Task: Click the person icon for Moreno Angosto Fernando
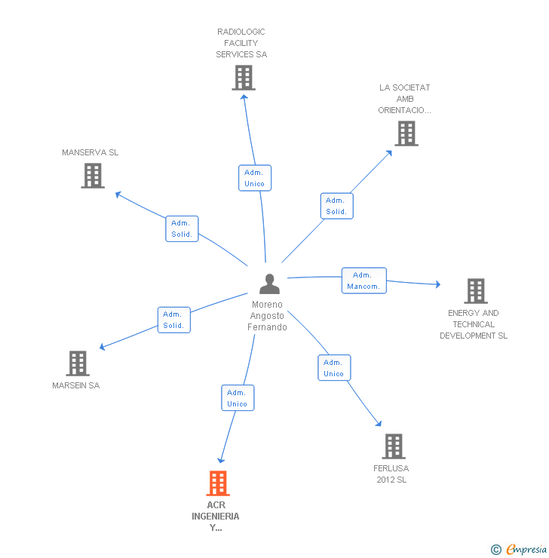click(269, 284)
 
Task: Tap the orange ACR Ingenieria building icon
click(217, 483)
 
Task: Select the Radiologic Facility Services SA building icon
click(243, 78)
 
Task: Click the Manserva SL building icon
click(93, 176)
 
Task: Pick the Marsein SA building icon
click(78, 363)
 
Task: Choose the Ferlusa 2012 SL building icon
click(393, 446)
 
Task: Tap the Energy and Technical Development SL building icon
click(475, 290)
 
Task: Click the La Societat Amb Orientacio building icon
click(406, 133)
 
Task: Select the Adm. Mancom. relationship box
click(363, 281)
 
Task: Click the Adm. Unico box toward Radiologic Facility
click(254, 178)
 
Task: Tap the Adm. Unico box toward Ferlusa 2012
click(333, 368)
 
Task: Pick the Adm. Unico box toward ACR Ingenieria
click(237, 398)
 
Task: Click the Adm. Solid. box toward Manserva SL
click(182, 228)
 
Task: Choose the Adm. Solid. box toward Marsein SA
click(173, 320)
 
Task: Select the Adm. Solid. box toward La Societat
click(336, 206)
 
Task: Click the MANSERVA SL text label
click(90, 152)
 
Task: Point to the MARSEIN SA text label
click(75, 385)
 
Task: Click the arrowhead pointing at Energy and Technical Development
click(437, 284)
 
